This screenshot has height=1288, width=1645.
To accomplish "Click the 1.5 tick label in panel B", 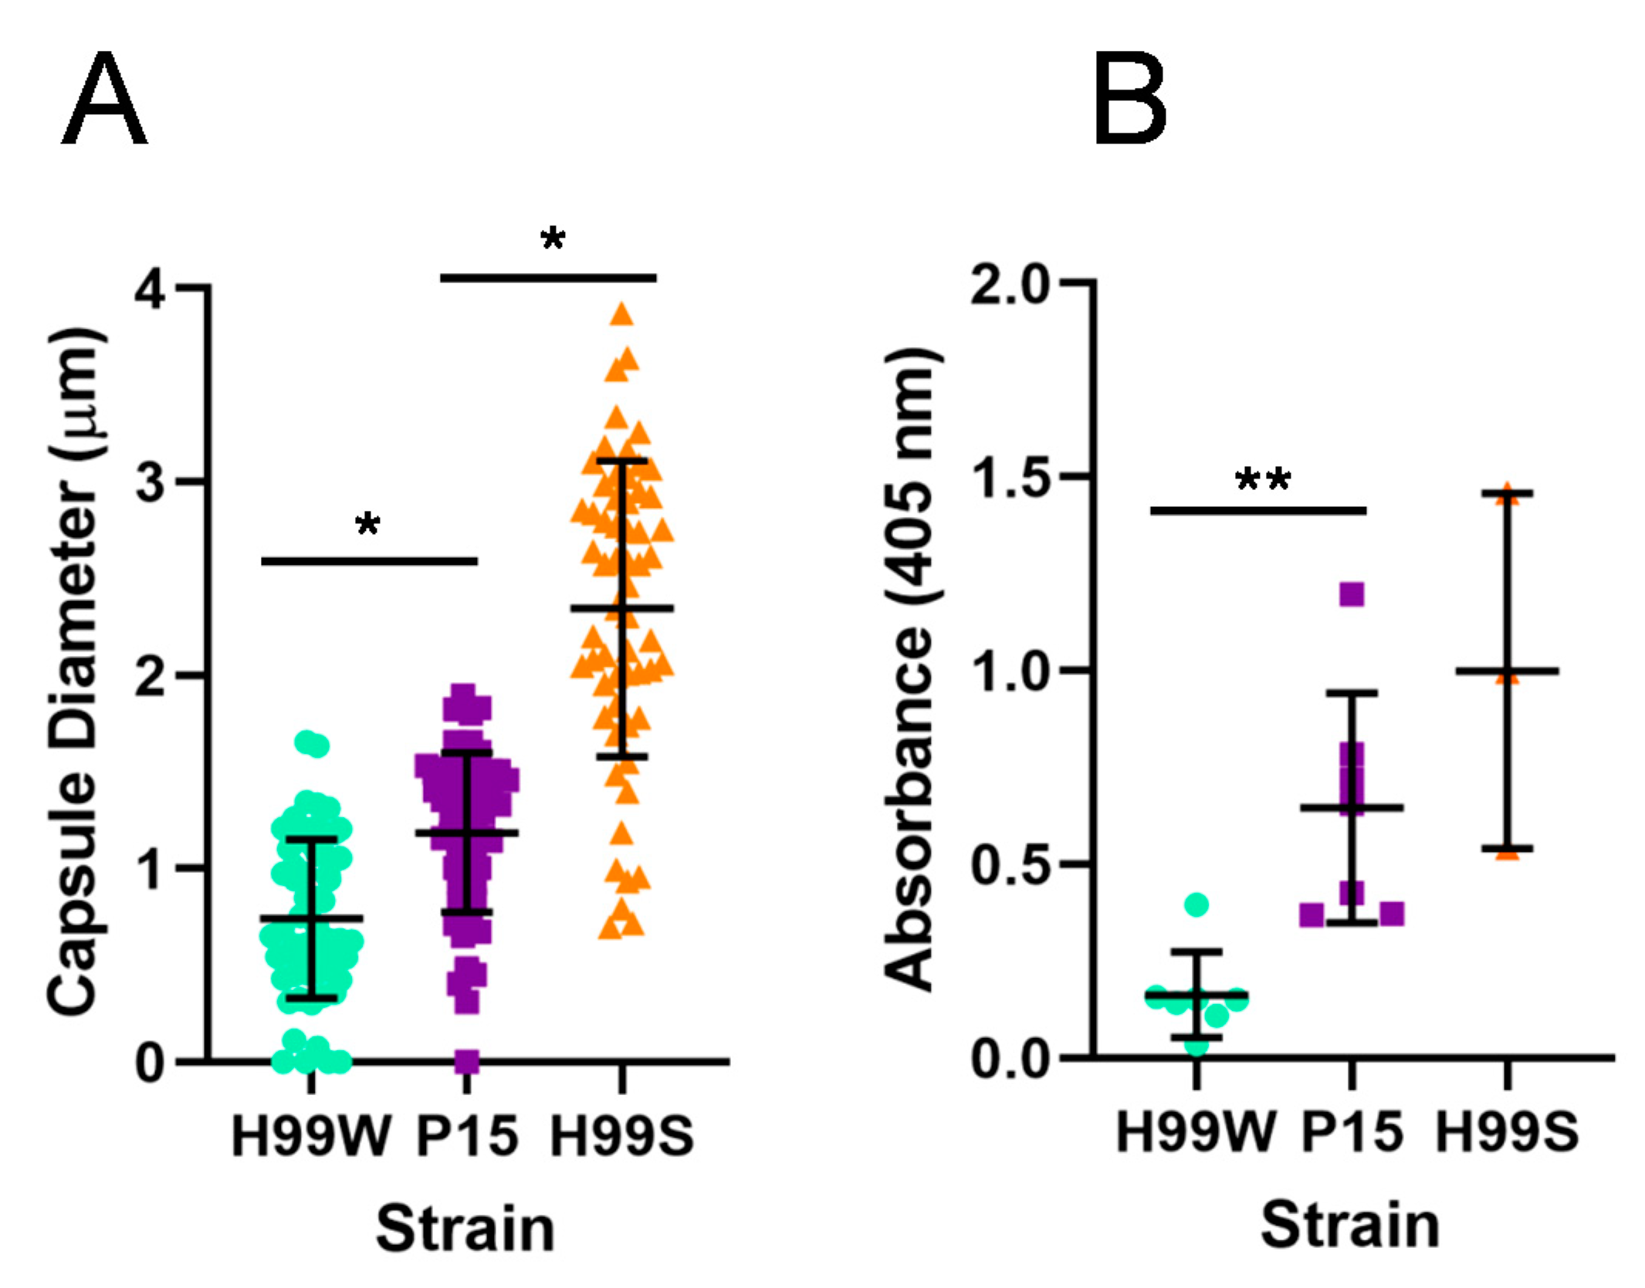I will click(x=1010, y=478).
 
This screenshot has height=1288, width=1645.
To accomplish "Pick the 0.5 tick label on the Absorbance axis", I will click(x=1010, y=865).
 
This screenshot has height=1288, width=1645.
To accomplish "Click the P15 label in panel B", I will click(x=1352, y=1132).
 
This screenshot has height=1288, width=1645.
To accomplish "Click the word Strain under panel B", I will click(x=1350, y=1225).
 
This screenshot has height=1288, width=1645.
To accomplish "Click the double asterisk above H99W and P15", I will click(x=1263, y=482).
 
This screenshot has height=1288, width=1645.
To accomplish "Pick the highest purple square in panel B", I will click(x=1352, y=594).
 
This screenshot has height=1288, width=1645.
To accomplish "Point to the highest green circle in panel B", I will click(x=1196, y=904).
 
